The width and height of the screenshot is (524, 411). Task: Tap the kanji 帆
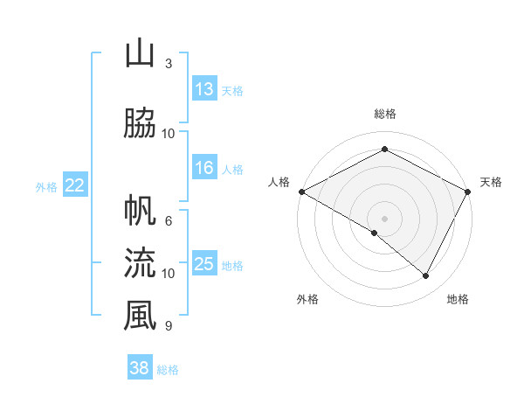coord(140,212)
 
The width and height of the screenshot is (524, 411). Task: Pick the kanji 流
coord(140,263)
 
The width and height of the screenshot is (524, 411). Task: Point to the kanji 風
coord(140,316)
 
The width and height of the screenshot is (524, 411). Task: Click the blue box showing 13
coord(204,89)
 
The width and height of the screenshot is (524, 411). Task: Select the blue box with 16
coord(204,169)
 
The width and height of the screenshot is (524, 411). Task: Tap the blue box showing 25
coord(204,264)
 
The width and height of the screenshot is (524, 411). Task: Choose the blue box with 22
coord(75,185)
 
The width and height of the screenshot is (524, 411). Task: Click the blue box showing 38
coord(140,368)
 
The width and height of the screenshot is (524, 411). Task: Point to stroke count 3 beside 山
coord(169,64)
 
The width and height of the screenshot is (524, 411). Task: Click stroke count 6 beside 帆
coord(169,221)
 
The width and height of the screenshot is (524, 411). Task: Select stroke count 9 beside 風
coord(169,326)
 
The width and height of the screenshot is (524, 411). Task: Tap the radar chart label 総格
coord(384,114)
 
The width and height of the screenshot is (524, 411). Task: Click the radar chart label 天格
coord(491,182)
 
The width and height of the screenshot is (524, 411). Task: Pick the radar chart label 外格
coord(307,299)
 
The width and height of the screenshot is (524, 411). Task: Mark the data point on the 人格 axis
coord(301,191)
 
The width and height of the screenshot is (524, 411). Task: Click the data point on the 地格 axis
coord(426,275)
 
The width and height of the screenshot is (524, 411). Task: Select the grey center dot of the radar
coord(384,218)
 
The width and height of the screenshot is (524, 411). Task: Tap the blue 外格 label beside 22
coord(46,186)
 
